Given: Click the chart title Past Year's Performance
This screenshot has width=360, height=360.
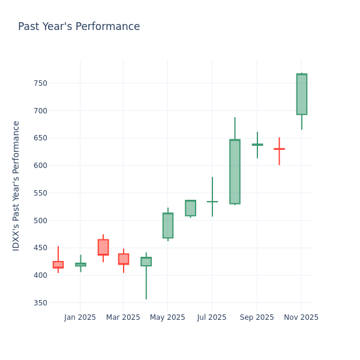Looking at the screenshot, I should point(79,27).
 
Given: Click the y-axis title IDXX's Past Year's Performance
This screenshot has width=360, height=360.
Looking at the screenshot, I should point(16,185).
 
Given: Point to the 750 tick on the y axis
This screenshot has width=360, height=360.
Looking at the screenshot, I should point(40,83).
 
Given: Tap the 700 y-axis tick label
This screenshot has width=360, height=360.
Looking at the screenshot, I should point(40,111).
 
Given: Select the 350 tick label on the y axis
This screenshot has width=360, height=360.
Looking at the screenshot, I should point(40,303).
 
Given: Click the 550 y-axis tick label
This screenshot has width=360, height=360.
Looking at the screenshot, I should point(40,193).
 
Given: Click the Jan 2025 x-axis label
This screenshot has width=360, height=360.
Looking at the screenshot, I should point(80,317).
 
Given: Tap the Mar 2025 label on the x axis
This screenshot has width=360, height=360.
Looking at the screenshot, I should point(123,317).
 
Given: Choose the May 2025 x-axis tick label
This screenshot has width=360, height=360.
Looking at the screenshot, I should point(167,317).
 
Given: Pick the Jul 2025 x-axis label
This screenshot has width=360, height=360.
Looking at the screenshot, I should point(212,317).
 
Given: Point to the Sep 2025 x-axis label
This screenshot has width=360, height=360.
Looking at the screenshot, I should point(257,317).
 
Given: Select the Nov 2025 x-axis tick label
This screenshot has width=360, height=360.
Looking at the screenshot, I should point(301,317).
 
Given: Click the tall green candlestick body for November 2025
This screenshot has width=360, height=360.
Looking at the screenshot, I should point(301,94).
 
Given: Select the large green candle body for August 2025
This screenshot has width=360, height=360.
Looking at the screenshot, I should point(235,172).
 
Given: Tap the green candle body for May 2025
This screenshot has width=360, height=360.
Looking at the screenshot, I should point(167,226).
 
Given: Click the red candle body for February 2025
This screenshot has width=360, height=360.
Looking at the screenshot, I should point(103,247).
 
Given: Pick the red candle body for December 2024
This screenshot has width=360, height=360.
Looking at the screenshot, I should point(58,265).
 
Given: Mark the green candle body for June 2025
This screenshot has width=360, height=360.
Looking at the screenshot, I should point(190,208).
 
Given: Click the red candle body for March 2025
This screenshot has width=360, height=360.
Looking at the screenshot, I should point(123,259).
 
